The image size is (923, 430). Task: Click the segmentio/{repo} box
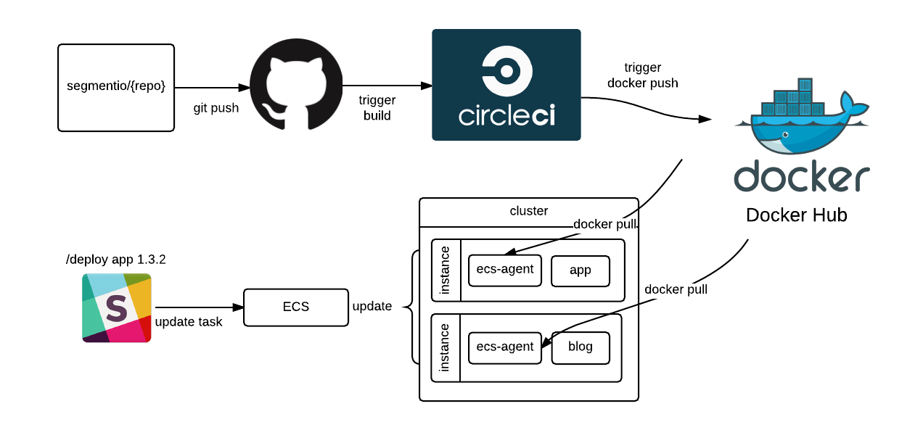[x=116, y=87]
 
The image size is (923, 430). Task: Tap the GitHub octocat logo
[x=296, y=84]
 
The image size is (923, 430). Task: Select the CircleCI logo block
[x=506, y=85]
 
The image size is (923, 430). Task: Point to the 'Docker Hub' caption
[x=796, y=215]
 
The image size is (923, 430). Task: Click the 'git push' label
[x=216, y=108]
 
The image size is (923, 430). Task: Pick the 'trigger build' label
[x=377, y=108]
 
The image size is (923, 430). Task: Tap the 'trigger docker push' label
[x=642, y=75]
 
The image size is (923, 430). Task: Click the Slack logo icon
[x=117, y=307]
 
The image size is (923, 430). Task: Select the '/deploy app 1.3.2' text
[x=115, y=260]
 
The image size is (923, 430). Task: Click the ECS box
[x=295, y=307]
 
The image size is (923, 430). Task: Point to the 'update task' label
[x=189, y=322]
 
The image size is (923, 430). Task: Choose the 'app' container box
[x=581, y=270]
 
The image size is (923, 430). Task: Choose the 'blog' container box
[x=581, y=347]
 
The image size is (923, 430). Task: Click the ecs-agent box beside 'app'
[x=505, y=270]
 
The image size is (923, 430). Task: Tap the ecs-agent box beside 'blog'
[x=505, y=347]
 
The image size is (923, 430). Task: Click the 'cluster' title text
[x=529, y=211]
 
